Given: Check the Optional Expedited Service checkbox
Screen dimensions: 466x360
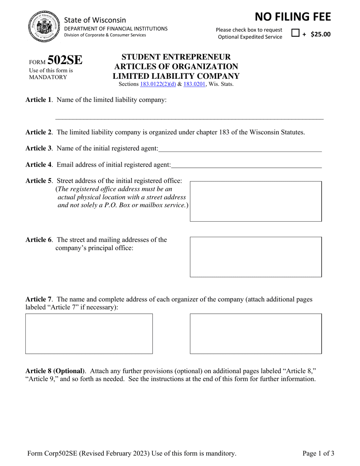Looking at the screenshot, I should [x=295, y=33].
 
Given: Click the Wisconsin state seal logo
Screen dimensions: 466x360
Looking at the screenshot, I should [x=43, y=27].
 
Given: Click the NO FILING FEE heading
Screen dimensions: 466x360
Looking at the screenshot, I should [x=293, y=17].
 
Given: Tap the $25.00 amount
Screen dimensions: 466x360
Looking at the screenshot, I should [x=320, y=34].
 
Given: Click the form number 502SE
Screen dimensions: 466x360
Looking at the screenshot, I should [x=65, y=61].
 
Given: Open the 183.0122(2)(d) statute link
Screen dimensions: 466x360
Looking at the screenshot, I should [x=158, y=84].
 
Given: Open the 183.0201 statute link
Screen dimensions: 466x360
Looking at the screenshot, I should [x=194, y=84].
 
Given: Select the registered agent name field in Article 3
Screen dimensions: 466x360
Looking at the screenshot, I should [x=240, y=148].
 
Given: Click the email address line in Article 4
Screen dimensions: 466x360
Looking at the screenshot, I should [x=246, y=164].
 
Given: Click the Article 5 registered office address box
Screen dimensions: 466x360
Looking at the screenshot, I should [x=256, y=201].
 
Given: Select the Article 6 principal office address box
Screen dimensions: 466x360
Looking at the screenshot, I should [x=256, y=257].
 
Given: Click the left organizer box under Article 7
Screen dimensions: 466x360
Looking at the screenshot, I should [x=89, y=333].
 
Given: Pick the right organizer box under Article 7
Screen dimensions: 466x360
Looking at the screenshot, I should [x=256, y=333].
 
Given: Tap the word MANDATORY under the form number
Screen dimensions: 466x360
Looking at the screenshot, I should [x=48, y=77].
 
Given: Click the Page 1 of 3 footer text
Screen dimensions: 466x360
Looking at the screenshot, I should [x=318, y=453].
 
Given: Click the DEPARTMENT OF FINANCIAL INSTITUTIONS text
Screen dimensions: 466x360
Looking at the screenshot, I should [x=116, y=28].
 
